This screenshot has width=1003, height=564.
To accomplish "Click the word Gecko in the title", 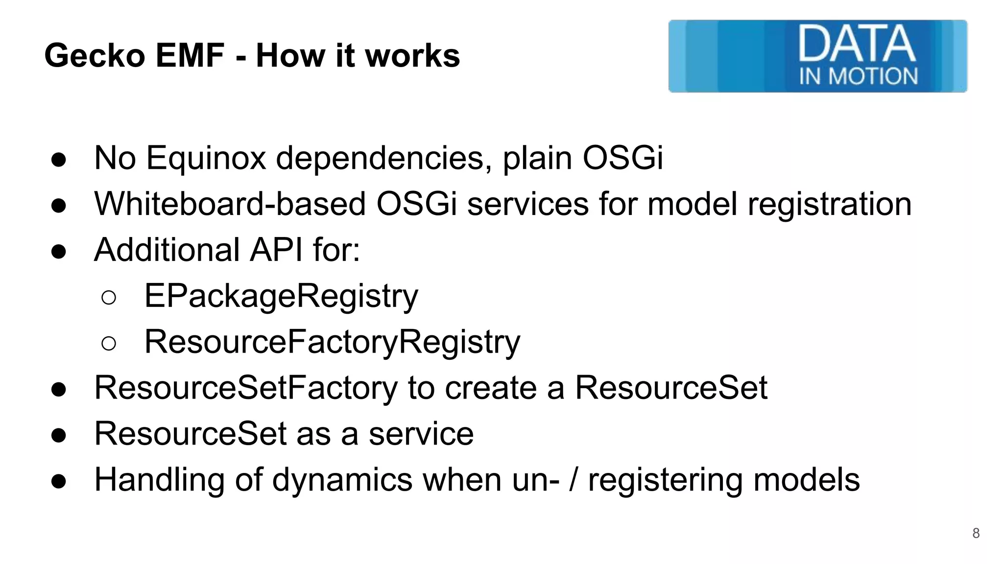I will coord(95,56).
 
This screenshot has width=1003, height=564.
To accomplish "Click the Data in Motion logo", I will coord(817,56).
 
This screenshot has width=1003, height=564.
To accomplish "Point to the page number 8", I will coord(976,533).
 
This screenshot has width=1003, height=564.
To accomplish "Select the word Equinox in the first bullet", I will coord(206,159).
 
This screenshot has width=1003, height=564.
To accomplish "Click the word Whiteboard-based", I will coord(230,204).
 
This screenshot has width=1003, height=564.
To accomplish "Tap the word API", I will coord(276,250).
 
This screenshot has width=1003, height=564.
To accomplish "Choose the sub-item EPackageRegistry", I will coord(281,297).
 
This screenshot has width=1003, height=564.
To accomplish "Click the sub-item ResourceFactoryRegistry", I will coord(332,342).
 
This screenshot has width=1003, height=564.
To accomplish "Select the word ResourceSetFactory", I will coord(246,388).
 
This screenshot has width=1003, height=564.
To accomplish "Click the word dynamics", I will coord(342,480).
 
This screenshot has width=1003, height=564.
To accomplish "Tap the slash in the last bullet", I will coord(573,480).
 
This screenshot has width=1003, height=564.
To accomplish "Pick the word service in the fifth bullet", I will coord(421,434).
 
